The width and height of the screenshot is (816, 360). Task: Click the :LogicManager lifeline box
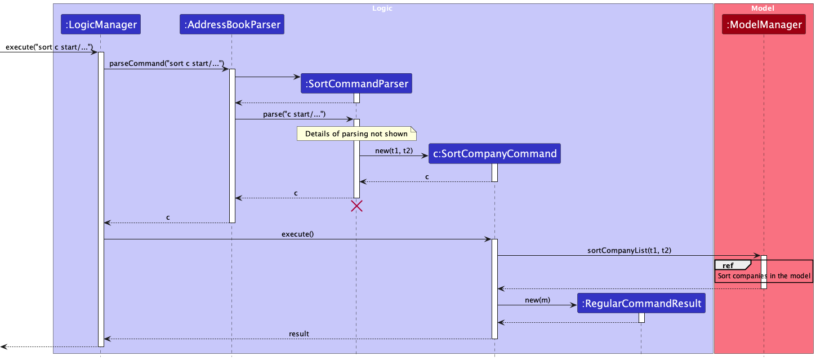101,24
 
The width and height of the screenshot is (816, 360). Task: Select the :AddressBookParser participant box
232,24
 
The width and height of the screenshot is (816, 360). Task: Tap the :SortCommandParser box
356,84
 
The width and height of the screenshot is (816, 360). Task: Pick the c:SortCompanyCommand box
494,153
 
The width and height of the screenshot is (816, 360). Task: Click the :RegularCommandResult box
641,304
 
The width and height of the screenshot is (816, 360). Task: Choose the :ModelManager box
764,24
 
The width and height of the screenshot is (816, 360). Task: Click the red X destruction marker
356,206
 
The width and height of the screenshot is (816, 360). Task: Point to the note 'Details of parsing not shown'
356,134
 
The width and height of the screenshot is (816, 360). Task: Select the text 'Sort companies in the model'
764,276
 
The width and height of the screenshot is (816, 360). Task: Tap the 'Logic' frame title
382,8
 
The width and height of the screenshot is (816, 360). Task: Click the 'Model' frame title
763,8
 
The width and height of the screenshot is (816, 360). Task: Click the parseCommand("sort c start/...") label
167,63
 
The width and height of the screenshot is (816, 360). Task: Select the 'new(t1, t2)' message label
393,150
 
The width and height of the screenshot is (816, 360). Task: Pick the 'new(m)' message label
537,300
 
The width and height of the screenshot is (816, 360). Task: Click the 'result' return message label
298,334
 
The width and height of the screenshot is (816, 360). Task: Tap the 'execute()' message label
297,233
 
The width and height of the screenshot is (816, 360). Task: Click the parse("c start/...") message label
294,114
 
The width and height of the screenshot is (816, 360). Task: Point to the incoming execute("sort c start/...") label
50,46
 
